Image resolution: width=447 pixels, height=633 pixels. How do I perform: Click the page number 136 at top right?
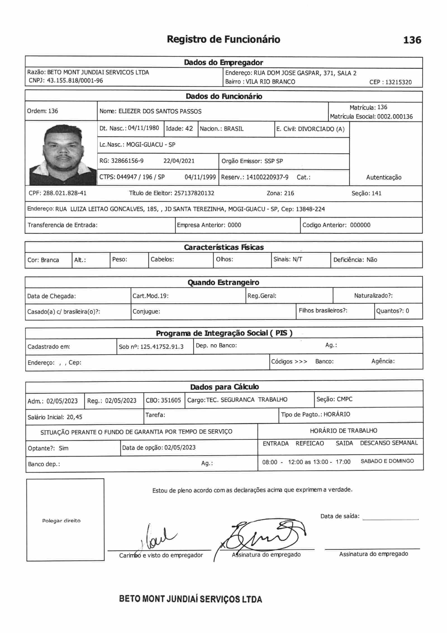[412, 40]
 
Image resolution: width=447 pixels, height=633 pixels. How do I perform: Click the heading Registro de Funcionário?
[223, 39]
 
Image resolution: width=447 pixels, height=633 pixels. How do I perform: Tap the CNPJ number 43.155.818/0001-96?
[75, 81]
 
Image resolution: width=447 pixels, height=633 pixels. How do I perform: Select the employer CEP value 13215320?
[398, 82]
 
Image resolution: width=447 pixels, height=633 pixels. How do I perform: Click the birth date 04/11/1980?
[143, 128]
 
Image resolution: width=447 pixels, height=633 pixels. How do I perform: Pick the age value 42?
[189, 128]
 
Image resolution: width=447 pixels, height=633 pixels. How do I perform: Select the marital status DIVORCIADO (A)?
[321, 129]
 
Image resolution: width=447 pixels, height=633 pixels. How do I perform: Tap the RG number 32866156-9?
[127, 161]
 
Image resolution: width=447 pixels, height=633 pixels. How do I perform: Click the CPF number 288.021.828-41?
[65, 193]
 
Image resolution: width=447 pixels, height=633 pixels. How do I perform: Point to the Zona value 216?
[289, 193]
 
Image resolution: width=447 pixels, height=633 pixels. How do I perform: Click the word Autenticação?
[384, 177]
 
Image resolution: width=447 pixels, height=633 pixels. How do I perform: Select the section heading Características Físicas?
[223, 247]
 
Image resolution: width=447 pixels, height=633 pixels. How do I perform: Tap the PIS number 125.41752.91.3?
[162, 347]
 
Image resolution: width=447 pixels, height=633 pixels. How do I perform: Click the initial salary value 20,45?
[74, 417]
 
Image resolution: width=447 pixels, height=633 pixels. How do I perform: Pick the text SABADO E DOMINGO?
[387, 461]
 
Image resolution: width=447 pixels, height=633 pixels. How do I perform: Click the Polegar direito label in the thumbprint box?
[61, 521]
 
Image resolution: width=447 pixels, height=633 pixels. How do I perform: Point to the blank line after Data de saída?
[390, 519]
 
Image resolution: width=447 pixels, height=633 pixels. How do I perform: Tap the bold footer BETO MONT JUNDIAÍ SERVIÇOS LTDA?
[191, 599]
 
